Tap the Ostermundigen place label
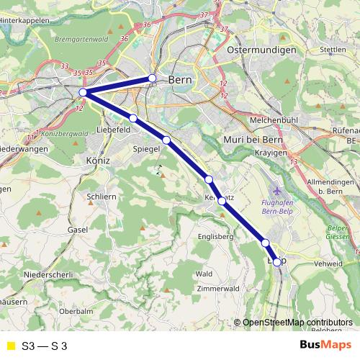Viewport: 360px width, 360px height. pyautogui.click(x=261, y=50)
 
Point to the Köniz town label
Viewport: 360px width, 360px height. pyautogui.click(x=97, y=160)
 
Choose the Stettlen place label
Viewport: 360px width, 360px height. pyautogui.click(x=332, y=50)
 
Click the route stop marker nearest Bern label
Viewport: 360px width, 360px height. pyautogui.click(x=152, y=78)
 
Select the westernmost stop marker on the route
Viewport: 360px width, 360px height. pyautogui.click(x=84, y=93)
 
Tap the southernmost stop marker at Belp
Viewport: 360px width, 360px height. pyautogui.click(x=276, y=262)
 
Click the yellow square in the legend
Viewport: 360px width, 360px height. pyautogui.click(x=10, y=346)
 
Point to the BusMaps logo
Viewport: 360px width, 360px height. pyautogui.click(x=324, y=345)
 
